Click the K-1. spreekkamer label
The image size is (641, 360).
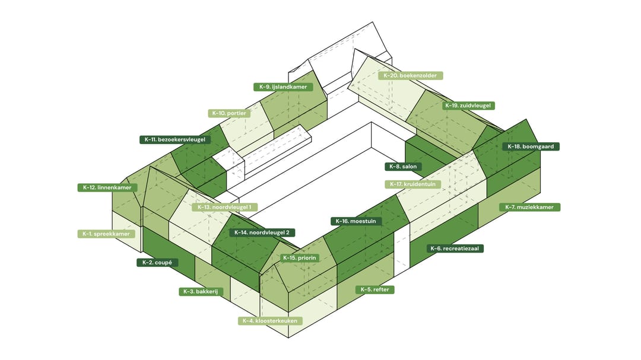click(106, 234)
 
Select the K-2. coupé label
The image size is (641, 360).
click(157, 263)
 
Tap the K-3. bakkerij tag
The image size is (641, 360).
click(201, 292)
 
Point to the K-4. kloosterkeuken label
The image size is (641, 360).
click(270, 321)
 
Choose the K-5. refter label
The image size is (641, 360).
click(375, 289)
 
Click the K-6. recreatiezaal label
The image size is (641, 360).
click(455, 249)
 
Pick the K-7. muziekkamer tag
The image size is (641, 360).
click(529, 207)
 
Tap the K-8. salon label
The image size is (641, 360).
click(403, 167)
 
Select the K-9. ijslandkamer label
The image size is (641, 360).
click(283, 87)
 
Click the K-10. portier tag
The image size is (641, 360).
click(229, 113)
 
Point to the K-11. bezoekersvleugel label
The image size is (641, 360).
click(175, 140)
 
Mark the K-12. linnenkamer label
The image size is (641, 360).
click(107, 187)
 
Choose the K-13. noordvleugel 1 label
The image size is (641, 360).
click(224, 207)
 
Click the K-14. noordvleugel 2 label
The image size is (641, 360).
click(262, 232)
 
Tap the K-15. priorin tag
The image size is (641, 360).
click(300, 258)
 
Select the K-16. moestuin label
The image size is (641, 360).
click(356, 221)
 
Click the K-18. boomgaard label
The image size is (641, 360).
click(531, 146)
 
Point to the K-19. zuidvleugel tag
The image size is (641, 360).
click(468, 106)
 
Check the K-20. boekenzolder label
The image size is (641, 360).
click(411, 75)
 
